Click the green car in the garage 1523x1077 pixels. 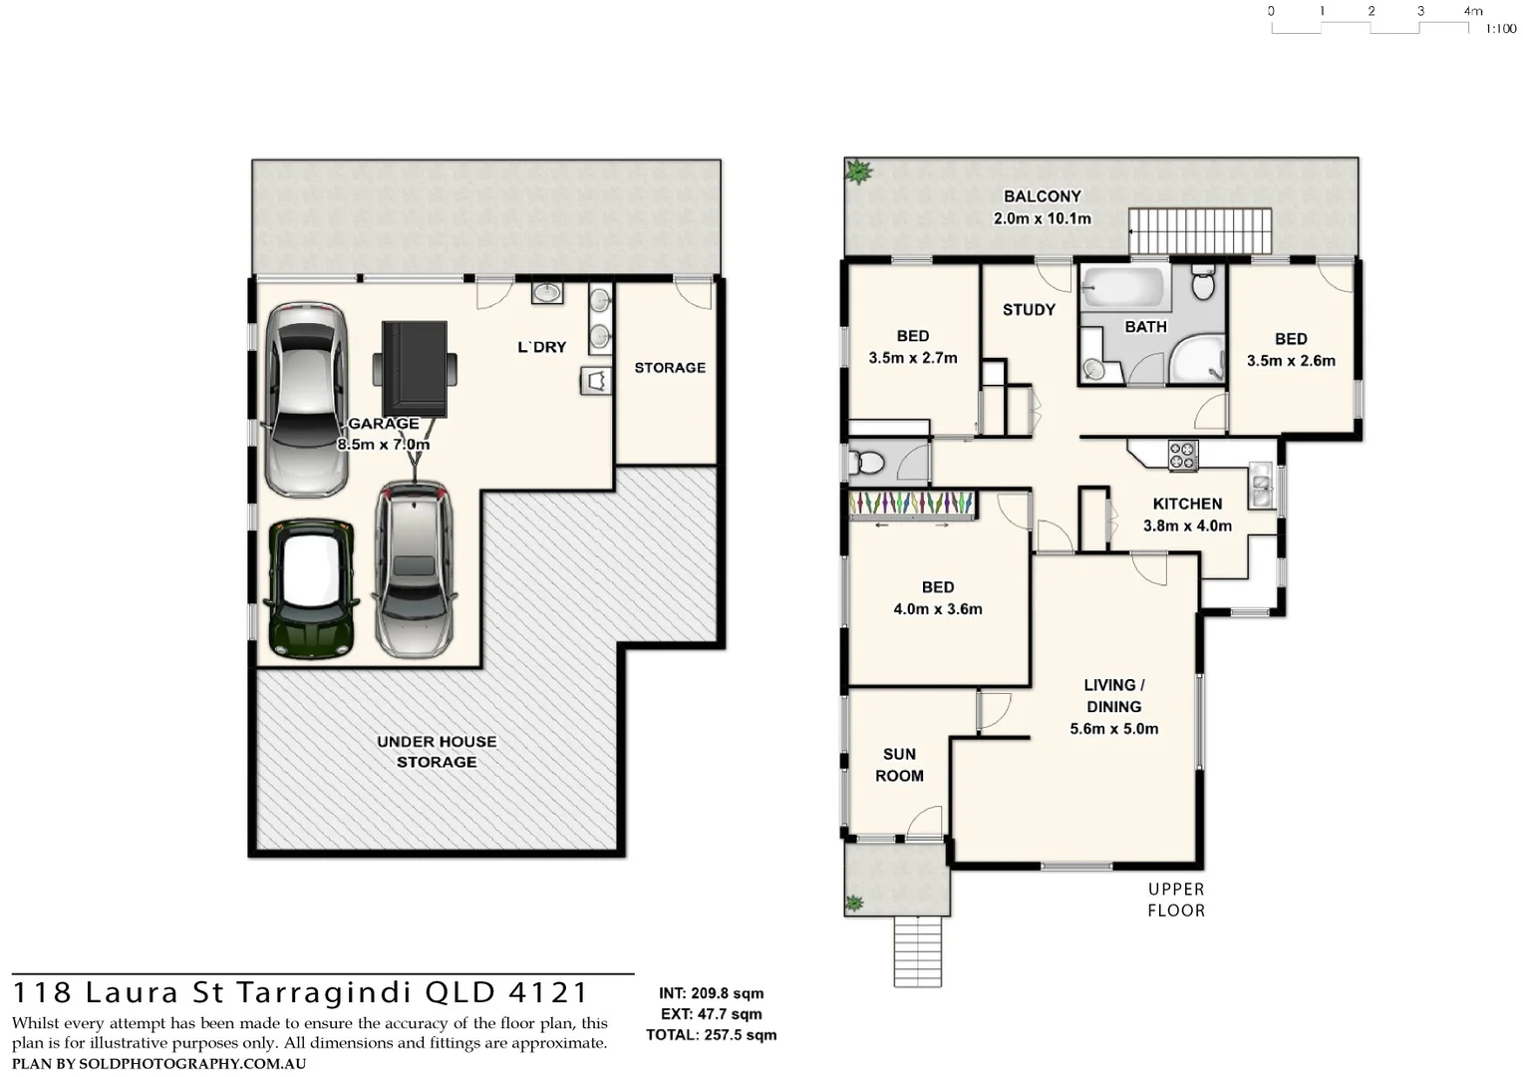click(x=310, y=588)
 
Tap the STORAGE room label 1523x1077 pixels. click(x=670, y=368)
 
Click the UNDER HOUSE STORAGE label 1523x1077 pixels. click(x=437, y=752)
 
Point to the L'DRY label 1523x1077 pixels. click(x=541, y=347)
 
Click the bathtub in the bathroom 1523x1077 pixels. click(x=1124, y=288)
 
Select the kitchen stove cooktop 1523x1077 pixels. click(x=1182, y=456)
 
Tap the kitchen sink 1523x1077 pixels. click(x=1261, y=487)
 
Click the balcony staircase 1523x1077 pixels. click(x=1200, y=231)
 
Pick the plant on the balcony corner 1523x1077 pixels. click(x=858, y=172)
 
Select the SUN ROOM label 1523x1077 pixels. click(x=899, y=765)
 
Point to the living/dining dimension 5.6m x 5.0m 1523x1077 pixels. click(x=1113, y=729)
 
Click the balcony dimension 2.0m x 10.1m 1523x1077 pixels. click(x=1042, y=218)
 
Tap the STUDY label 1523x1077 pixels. click(x=1029, y=310)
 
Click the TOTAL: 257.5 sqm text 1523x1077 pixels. click(x=711, y=1035)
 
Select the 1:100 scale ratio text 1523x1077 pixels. click(x=1500, y=29)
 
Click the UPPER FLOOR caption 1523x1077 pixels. click(x=1176, y=899)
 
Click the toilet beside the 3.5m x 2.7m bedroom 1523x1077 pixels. click(x=867, y=463)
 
